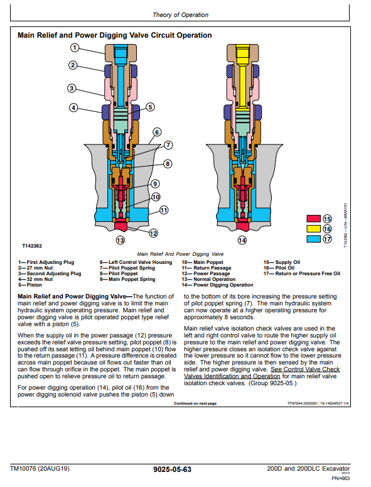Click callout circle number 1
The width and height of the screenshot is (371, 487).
(75, 48)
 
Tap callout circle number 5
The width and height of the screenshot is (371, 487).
(150, 107)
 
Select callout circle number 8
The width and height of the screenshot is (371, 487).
(168, 163)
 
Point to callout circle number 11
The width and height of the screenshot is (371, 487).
(164, 211)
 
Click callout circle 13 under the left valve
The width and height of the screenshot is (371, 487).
(120, 240)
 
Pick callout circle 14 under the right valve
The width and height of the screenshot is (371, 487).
(242, 240)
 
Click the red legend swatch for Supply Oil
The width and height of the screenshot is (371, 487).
(313, 219)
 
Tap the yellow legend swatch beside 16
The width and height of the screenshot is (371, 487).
(313, 229)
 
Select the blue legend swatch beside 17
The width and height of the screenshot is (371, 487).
(313, 239)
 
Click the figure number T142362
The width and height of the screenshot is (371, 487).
(32, 246)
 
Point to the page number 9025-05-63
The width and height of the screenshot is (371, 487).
(172, 469)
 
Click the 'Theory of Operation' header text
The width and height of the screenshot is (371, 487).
(181, 15)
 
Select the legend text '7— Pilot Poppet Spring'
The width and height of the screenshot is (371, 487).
(127, 268)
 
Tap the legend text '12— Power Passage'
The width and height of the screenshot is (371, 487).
(206, 273)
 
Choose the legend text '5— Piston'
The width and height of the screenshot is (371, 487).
(30, 285)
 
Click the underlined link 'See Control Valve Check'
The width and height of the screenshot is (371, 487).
(305, 369)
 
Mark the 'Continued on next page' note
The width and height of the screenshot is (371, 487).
(195, 403)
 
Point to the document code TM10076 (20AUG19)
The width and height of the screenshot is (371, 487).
(40, 468)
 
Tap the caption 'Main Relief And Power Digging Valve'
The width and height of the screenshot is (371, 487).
(180, 254)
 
